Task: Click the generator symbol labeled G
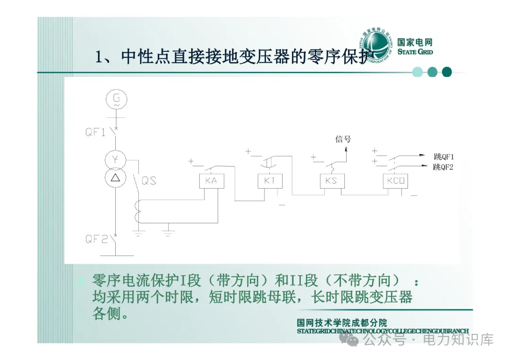[x=114, y=99]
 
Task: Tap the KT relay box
[x=270, y=181]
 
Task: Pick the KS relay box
[x=332, y=181]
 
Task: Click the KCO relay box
[x=395, y=181]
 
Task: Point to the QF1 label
[x=95, y=132]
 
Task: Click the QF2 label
[x=96, y=239]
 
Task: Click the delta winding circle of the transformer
[x=114, y=177]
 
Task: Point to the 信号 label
[x=343, y=139]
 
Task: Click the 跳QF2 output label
[x=443, y=167]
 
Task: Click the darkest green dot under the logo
[x=447, y=72]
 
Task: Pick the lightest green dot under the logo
[x=417, y=72]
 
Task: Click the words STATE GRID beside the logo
[x=415, y=52]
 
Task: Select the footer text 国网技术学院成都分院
[x=342, y=323]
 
